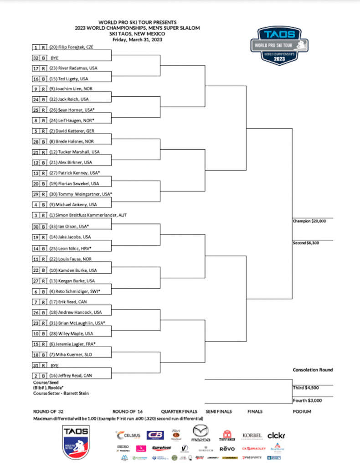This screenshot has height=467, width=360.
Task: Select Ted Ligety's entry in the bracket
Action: tap(68, 78)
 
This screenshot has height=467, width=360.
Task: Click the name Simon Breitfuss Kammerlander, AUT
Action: tap(88, 215)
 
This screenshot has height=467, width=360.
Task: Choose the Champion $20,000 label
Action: tap(312, 221)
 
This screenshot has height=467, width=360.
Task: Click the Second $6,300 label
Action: tap(306, 243)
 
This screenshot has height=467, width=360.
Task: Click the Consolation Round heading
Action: tap(313, 370)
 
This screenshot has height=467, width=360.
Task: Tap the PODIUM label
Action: tap(302, 411)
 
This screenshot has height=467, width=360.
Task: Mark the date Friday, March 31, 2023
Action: tap(137, 39)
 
